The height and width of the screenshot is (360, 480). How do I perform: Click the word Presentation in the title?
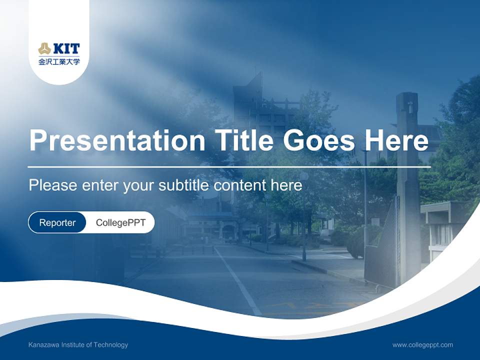(117, 140)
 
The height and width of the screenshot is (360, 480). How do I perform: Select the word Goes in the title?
(319, 140)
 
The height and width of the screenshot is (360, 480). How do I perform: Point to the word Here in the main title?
(396, 140)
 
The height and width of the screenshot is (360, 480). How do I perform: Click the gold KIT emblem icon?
(44, 48)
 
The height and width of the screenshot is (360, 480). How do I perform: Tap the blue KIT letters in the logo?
(66, 48)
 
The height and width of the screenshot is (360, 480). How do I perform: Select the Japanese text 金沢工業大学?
(59, 61)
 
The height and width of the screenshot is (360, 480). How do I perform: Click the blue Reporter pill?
(57, 222)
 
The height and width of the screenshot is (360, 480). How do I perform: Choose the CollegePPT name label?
(120, 222)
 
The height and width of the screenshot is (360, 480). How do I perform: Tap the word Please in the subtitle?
(53, 185)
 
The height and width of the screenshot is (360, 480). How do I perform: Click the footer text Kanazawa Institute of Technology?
(78, 345)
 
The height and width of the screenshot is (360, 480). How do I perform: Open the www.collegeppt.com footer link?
(422, 345)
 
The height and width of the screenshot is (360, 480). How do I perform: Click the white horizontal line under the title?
(229, 167)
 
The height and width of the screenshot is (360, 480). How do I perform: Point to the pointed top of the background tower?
(261, 73)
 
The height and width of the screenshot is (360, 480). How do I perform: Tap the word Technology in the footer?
(111, 345)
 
